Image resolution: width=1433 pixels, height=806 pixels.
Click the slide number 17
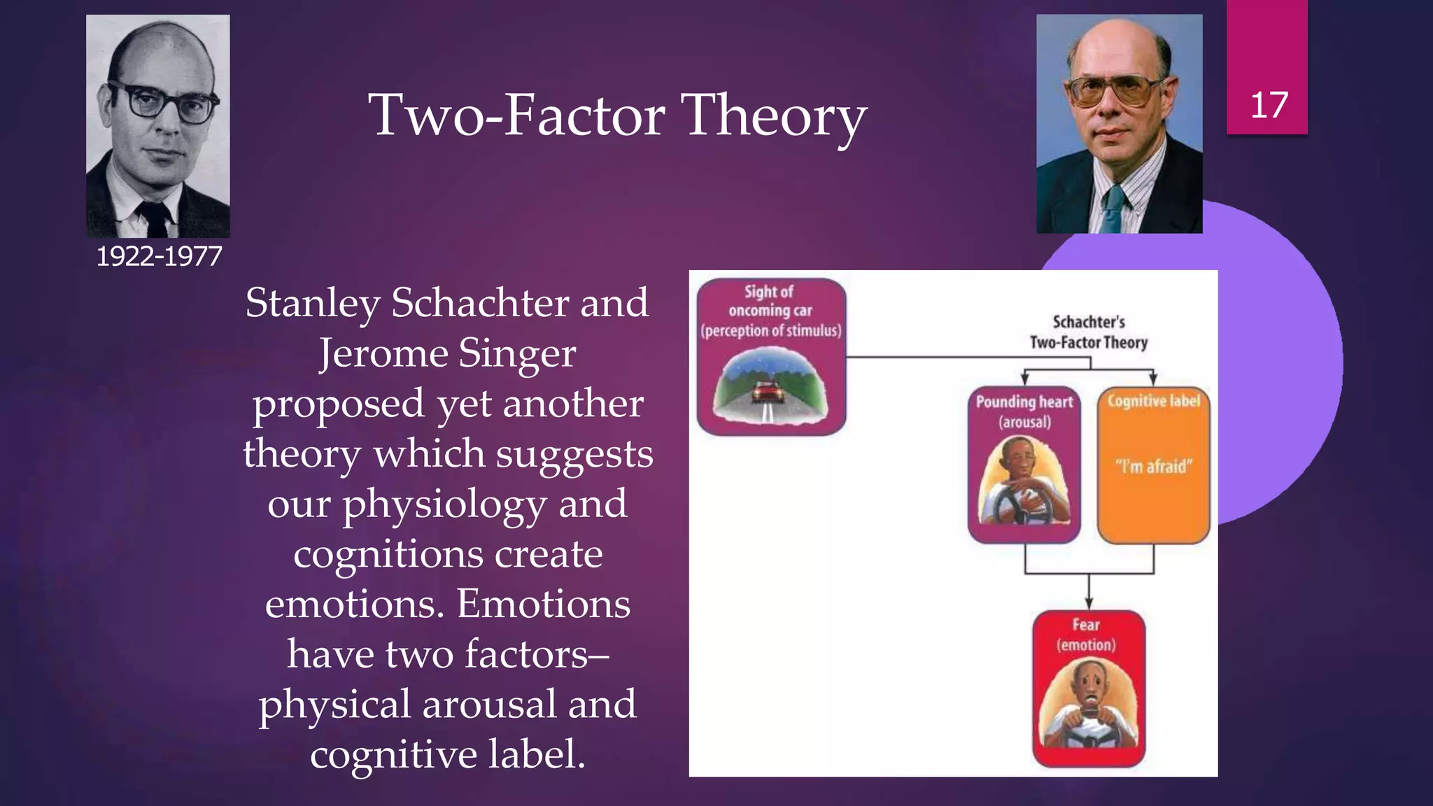tap(1269, 106)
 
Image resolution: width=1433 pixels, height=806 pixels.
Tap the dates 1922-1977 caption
tap(159, 257)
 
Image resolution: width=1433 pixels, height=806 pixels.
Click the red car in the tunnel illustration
tap(768, 392)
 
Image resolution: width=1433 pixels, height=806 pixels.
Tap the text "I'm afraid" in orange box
tap(1153, 466)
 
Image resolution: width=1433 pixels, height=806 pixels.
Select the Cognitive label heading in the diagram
tap(1153, 401)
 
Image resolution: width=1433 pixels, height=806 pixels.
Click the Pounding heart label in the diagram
tap(1024, 402)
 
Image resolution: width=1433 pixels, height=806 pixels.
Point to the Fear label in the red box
tap(1086, 625)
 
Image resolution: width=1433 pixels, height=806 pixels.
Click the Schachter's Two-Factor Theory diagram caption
tap(1089, 332)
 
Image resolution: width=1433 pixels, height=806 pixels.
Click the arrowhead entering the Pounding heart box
tap(1024, 380)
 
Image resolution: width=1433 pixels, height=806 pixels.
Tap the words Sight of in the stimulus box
tap(768, 292)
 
